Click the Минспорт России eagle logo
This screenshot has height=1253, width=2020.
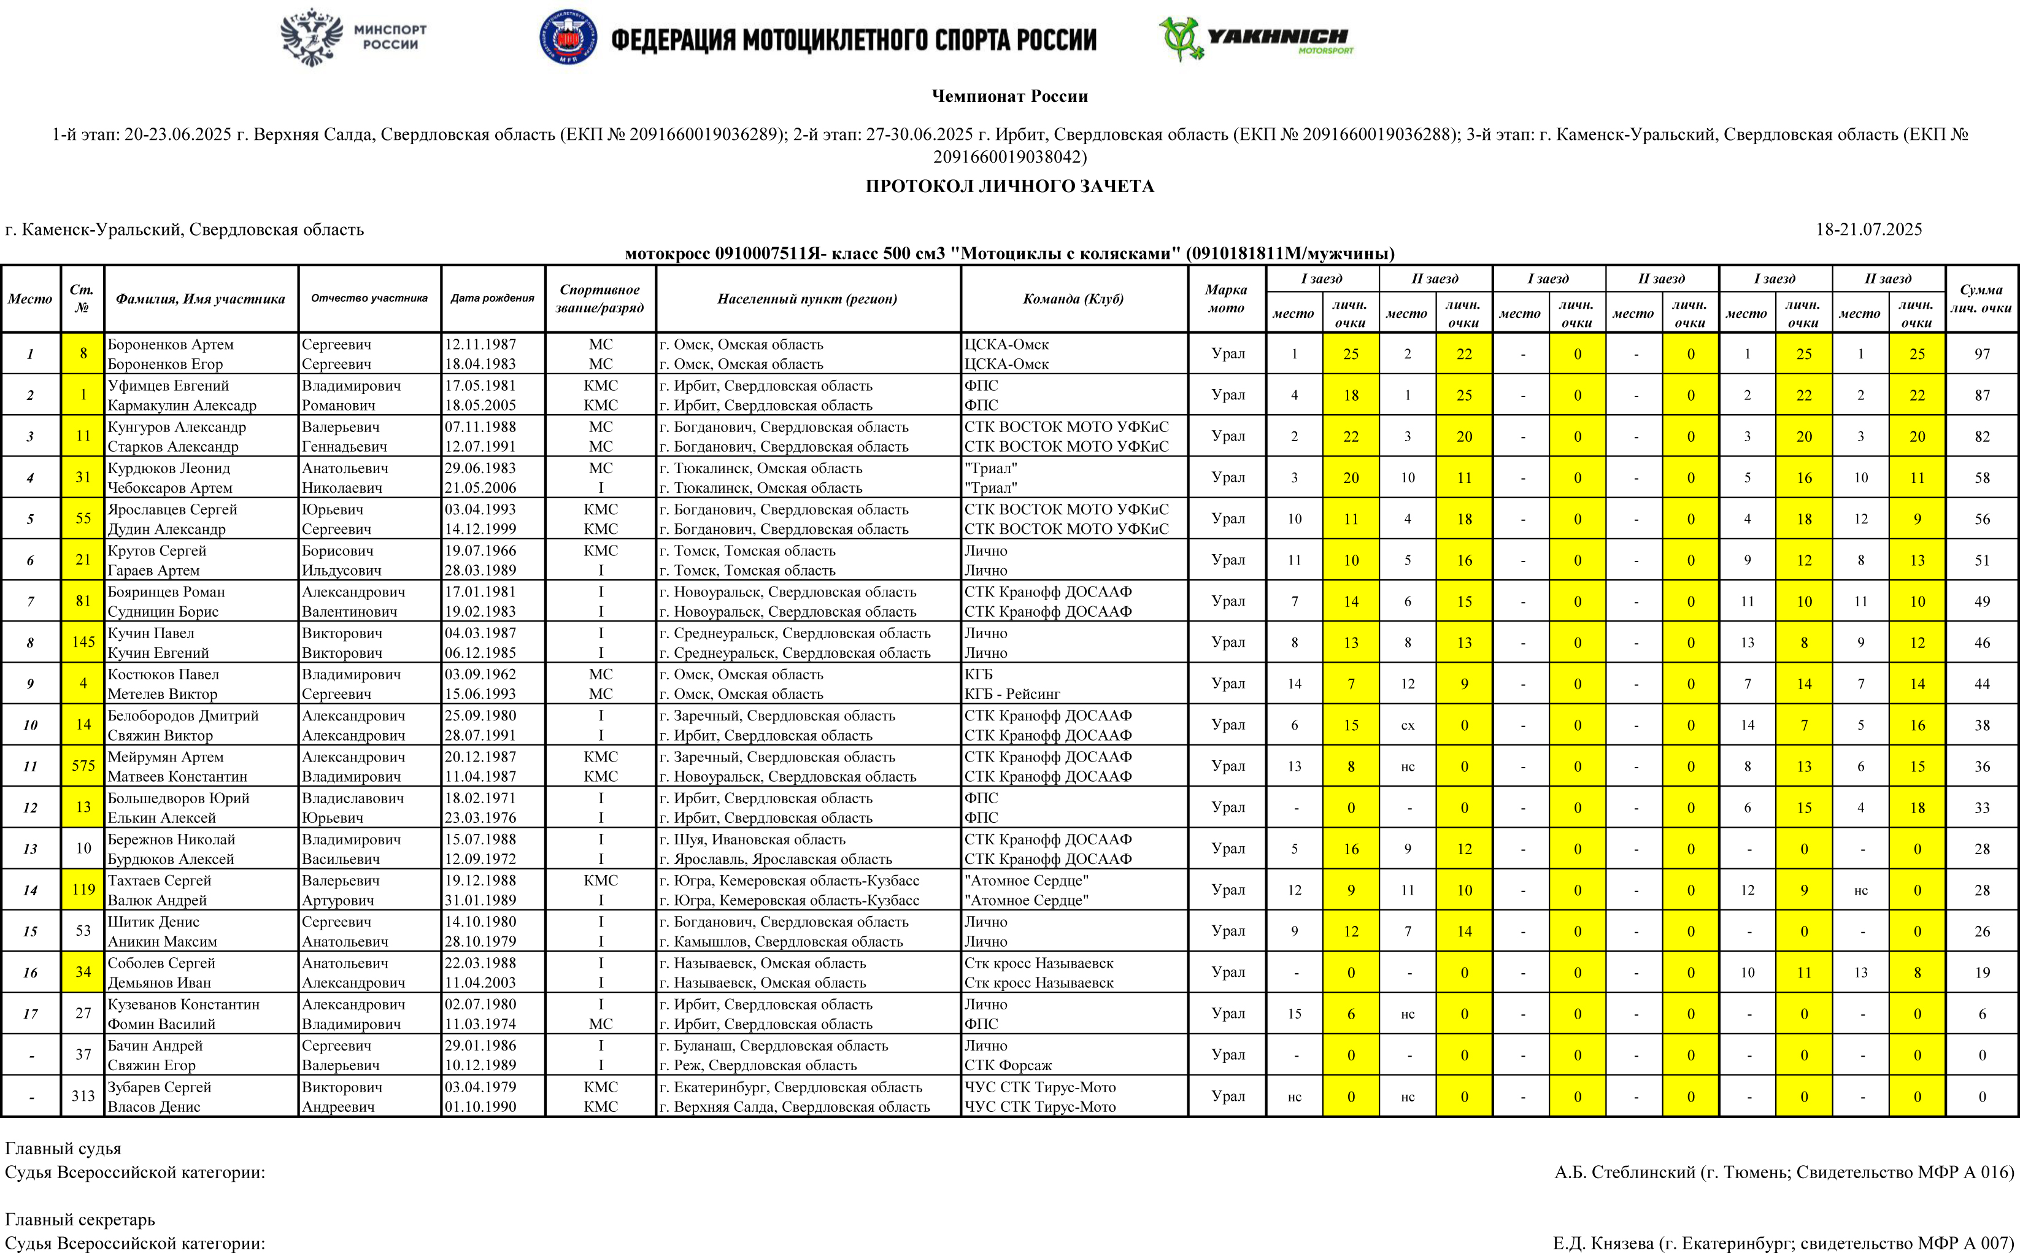(312, 37)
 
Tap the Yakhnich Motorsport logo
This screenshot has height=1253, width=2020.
(1256, 38)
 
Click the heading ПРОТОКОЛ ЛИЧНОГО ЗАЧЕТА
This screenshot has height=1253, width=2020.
(1009, 187)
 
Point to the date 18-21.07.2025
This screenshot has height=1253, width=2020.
(1868, 229)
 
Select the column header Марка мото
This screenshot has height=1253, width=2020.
(1226, 298)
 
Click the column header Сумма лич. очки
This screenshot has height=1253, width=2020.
(1981, 298)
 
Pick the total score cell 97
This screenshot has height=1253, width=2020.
(1981, 354)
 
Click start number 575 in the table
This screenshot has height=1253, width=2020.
(83, 766)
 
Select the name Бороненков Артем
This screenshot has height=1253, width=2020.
(171, 344)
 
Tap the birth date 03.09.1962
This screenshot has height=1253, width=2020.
(480, 674)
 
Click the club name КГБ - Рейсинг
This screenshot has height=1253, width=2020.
(1012, 693)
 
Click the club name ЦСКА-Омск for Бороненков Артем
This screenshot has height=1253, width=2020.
(1006, 344)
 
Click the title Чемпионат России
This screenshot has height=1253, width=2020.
(1009, 96)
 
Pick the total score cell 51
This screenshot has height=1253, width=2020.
(1981, 560)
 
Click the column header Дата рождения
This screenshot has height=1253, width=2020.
(492, 298)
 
